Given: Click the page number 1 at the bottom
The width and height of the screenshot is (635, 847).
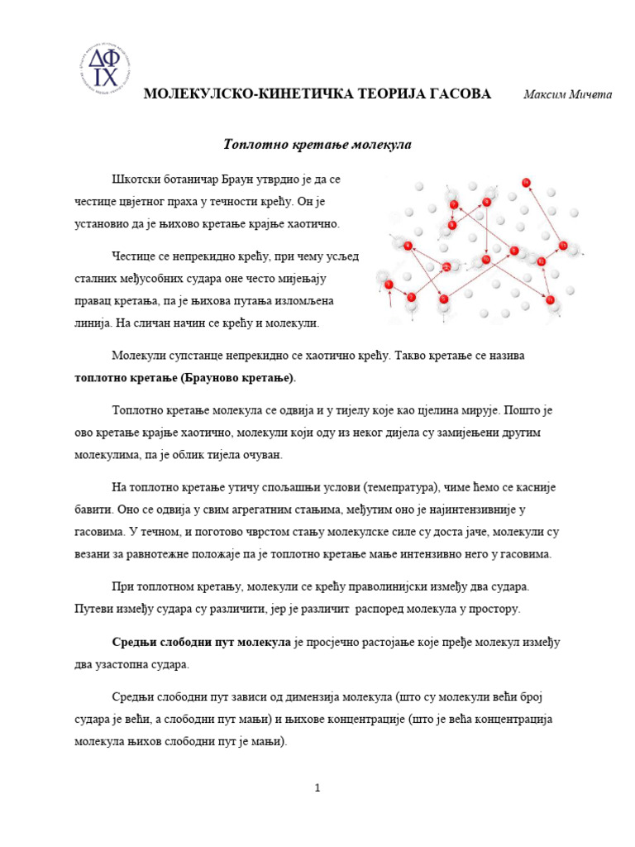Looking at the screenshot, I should point(317,788).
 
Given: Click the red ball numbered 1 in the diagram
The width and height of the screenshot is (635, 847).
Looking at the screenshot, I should point(389,284).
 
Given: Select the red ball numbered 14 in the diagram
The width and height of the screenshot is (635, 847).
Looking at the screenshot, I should point(526,183).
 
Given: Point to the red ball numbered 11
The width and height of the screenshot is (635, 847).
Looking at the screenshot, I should point(550,299).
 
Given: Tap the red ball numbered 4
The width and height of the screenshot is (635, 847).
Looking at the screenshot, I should point(408,246).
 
